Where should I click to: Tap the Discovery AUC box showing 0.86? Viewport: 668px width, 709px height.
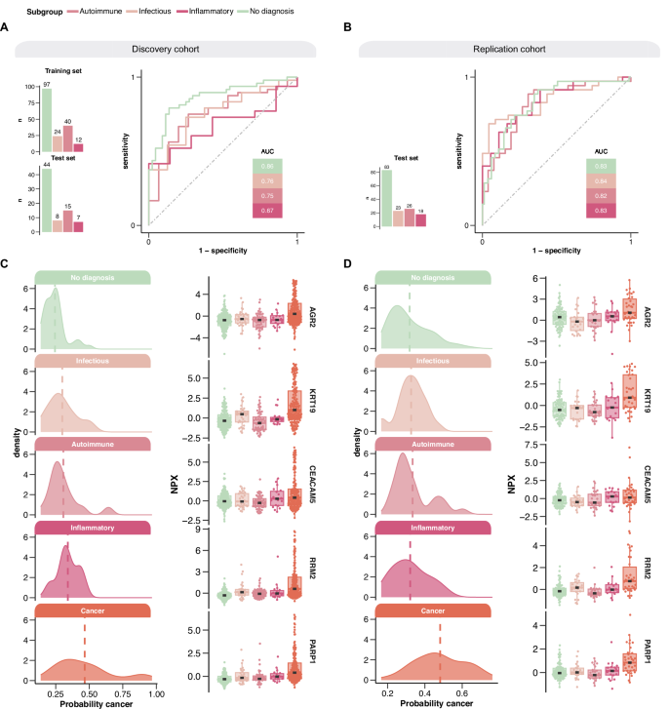(x=265, y=167)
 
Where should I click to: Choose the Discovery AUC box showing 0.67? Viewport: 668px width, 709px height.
(x=265, y=212)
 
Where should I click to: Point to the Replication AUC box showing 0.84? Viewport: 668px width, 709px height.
(x=601, y=181)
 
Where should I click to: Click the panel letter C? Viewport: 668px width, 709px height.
(x=6, y=264)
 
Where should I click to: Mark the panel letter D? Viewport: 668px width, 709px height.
(x=342, y=264)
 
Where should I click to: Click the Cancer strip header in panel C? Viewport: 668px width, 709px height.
(x=92, y=611)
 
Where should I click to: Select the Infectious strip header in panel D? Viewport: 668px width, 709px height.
(x=427, y=361)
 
